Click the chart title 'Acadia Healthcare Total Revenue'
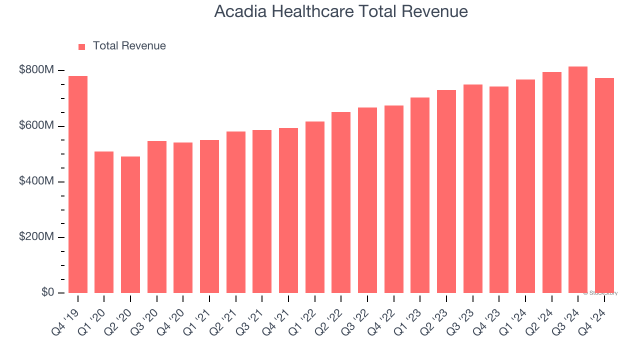(341, 11)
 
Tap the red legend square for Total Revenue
(82, 46)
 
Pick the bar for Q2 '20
(130, 224)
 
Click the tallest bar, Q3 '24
(578, 179)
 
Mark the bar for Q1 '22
(315, 207)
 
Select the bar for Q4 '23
(499, 189)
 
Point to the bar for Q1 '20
(104, 222)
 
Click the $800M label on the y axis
(36, 70)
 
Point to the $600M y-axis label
(36, 125)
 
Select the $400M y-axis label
(36, 181)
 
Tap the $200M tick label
(36, 237)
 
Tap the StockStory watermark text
(600, 293)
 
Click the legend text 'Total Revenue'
(129, 46)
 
